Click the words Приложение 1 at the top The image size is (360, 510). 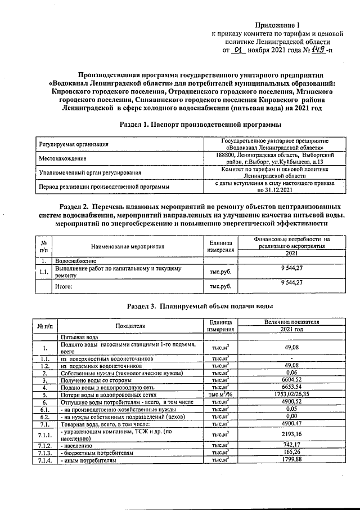pyautogui.click(x=278, y=25)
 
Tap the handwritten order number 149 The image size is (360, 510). pyautogui.click(x=318, y=50)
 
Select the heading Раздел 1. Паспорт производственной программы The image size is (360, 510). pyautogui.click(x=201, y=123)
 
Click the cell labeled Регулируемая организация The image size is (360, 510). pyautogui.click(x=73, y=144)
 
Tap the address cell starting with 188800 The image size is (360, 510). pyautogui.click(x=276, y=158)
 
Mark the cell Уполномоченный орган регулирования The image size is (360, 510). pyautogui.click(x=89, y=172)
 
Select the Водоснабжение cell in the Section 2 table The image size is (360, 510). pyautogui.click(x=75, y=261)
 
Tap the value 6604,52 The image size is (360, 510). pyautogui.click(x=291, y=380)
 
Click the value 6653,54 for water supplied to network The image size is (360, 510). pyautogui.click(x=291, y=388)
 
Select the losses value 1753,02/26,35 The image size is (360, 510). pyautogui.click(x=291, y=395)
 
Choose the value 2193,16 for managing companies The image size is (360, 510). pyautogui.click(x=291, y=434)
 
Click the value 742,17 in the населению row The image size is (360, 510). pyautogui.click(x=291, y=445)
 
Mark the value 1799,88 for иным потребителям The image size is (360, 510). pyautogui.click(x=291, y=460)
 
